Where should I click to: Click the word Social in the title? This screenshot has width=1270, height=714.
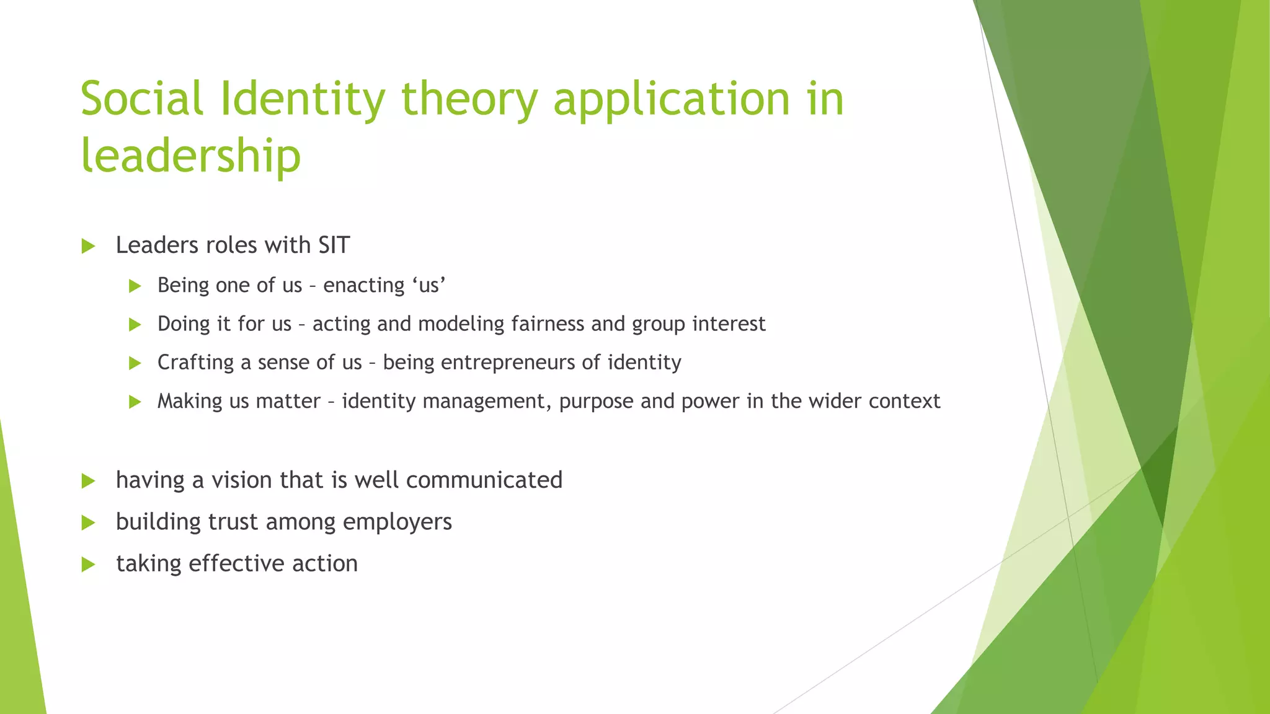click(142, 99)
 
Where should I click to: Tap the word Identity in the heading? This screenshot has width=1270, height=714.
click(303, 99)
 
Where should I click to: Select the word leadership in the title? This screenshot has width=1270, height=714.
click(190, 155)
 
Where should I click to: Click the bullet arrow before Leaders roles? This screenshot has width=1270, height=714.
click(88, 247)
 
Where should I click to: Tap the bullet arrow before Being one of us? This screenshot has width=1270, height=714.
click(135, 286)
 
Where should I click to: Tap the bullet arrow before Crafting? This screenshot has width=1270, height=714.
click(135, 363)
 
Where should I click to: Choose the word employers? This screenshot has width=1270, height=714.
click(397, 522)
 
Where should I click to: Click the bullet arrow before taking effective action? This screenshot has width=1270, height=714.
click(88, 565)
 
